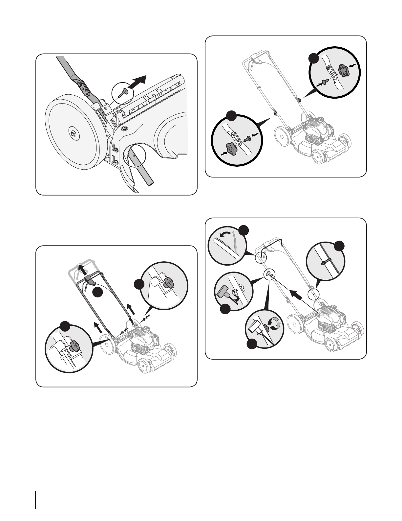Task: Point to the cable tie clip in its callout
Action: point(323,262)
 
